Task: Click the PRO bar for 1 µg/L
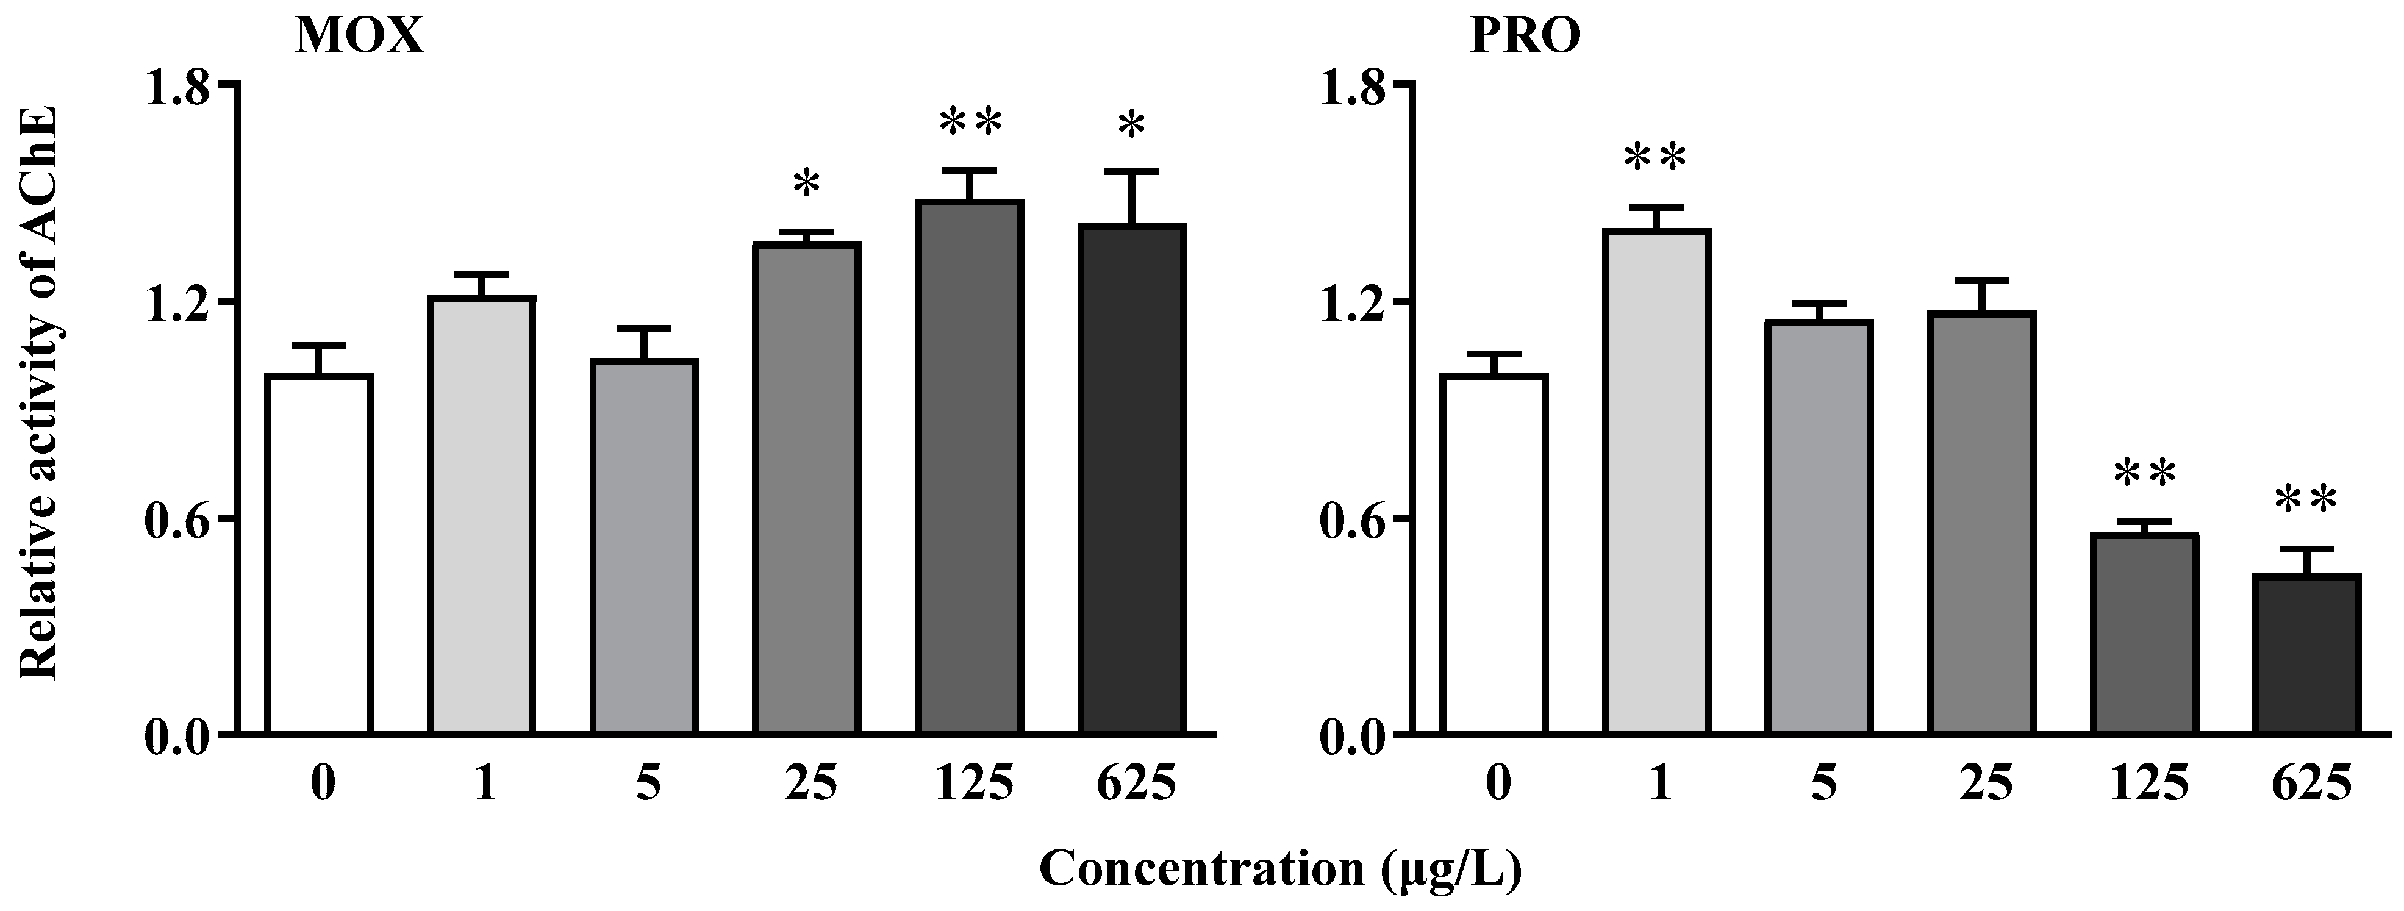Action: coord(1656,481)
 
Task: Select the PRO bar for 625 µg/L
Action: coord(2305,654)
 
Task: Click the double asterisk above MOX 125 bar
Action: coord(970,123)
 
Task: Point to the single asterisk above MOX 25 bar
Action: coord(806,183)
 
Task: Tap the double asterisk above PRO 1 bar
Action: coord(1656,159)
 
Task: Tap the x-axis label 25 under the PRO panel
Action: coord(1983,785)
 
